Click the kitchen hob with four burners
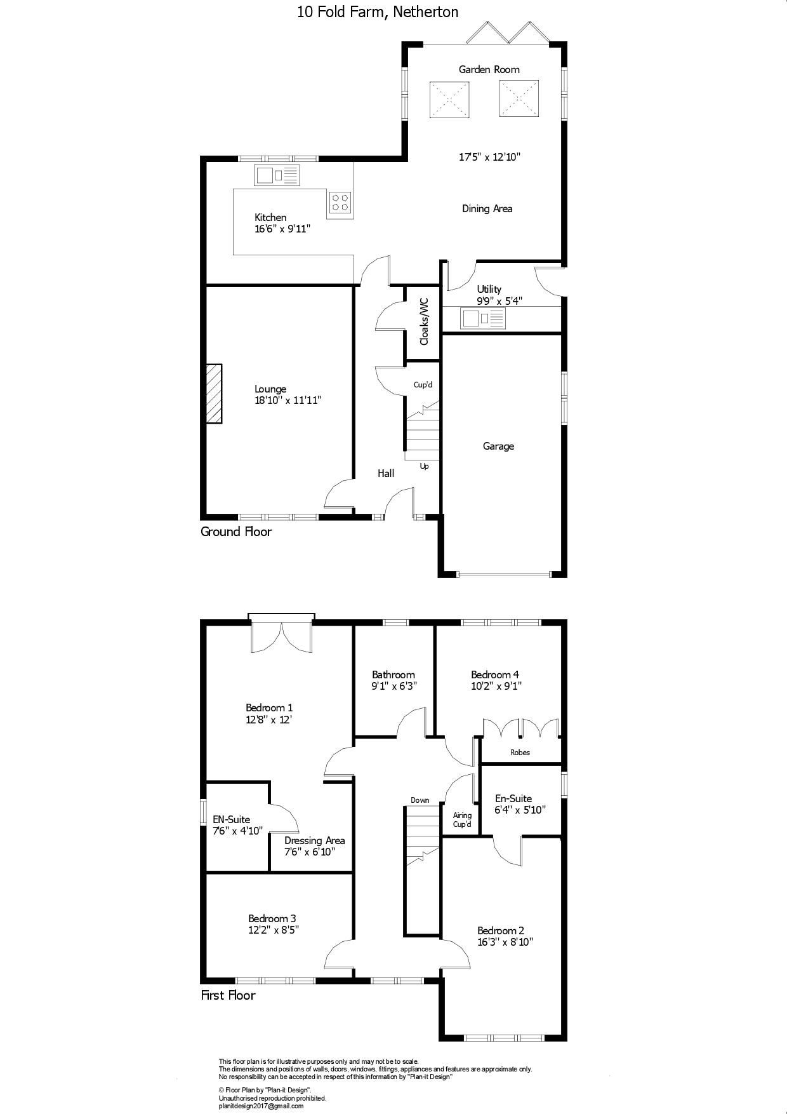341,201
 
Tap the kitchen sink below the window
277,175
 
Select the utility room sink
483,318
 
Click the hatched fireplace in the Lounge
214,393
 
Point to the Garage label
498,446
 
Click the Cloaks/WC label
424,321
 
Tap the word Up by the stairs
424,467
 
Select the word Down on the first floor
420,800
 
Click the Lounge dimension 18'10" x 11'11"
288,401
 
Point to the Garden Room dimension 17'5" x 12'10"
489,157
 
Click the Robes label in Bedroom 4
520,753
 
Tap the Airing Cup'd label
462,820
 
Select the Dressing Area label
315,840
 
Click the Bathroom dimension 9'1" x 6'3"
393,686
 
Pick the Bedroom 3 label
272,918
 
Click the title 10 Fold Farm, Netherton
378,11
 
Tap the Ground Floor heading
236,532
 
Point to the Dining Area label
487,209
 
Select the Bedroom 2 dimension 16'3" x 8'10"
505,943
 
